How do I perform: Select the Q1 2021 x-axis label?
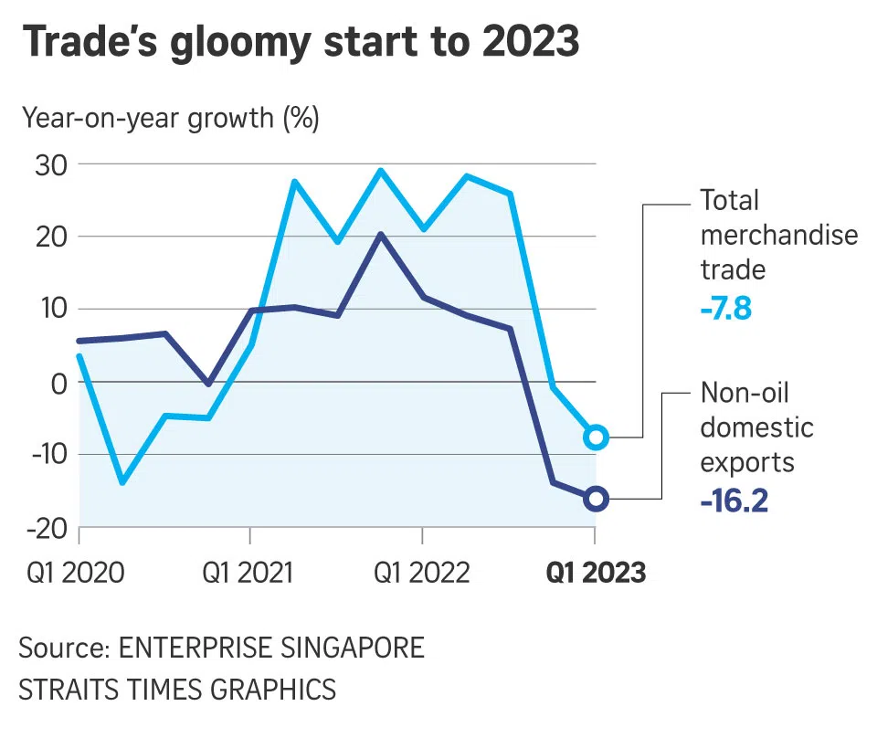tap(248, 574)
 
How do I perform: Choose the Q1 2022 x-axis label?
tap(422, 574)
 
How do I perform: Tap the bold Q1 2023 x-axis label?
tap(596, 574)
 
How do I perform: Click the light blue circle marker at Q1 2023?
tap(596, 437)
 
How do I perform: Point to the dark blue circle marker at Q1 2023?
tap(596, 499)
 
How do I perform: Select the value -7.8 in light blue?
tap(725, 308)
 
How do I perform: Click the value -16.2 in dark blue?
tap(734, 501)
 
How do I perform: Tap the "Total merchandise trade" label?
tap(778, 235)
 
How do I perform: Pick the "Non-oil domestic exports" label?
tap(756, 427)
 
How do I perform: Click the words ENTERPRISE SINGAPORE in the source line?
tap(272, 648)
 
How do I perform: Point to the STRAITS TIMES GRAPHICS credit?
tap(177, 689)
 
